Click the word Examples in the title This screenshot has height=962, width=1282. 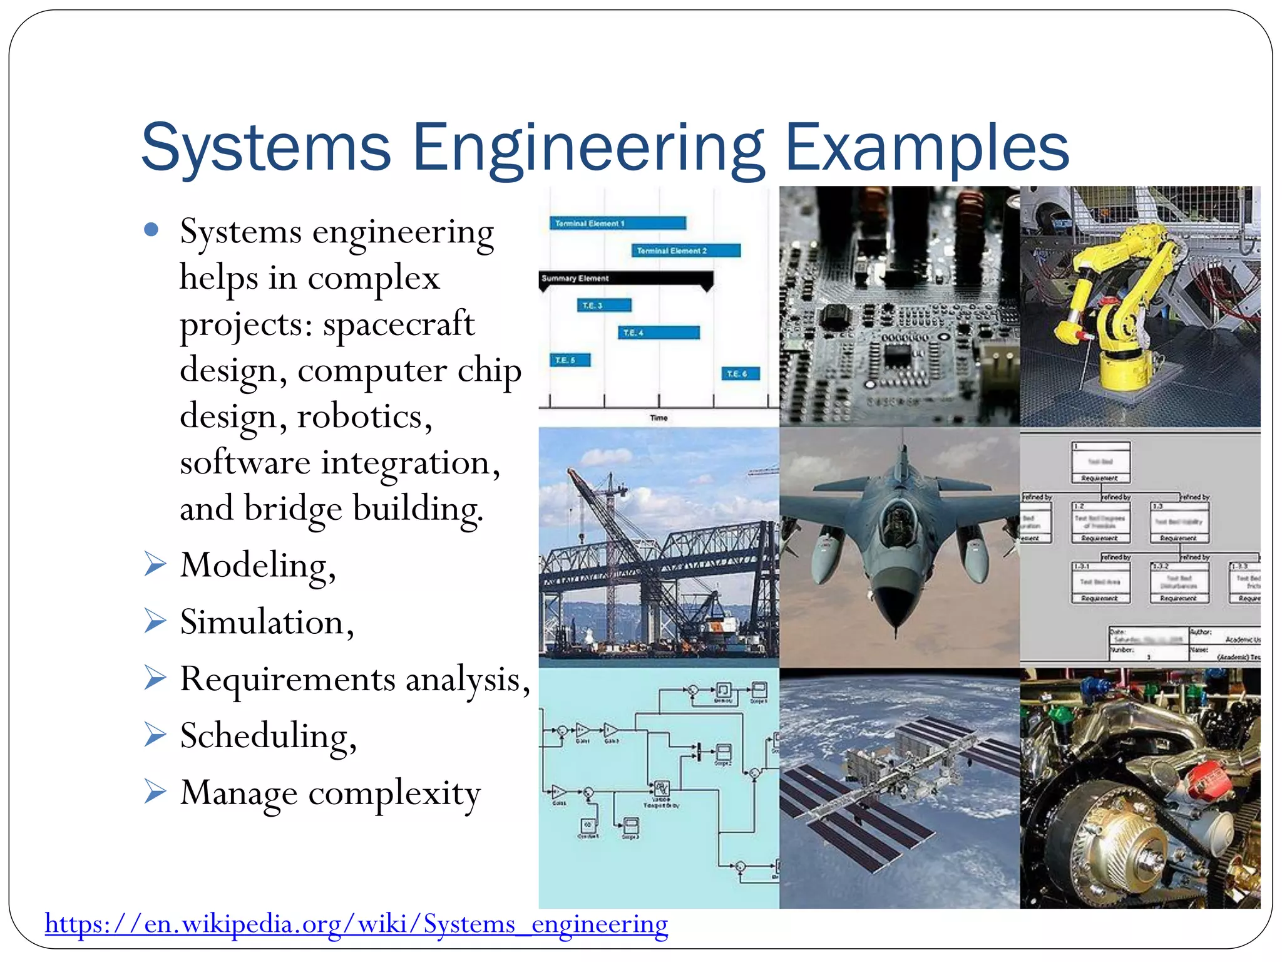pos(926,148)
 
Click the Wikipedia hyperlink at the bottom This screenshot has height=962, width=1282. pos(356,924)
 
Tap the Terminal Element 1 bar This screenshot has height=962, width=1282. pos(618,223)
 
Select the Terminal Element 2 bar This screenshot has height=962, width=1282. pos(685,251)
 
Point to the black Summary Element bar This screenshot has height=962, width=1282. pos(626,279)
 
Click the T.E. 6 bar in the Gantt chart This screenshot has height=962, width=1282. pos(741,374)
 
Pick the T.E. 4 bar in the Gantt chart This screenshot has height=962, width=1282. pos(659,333)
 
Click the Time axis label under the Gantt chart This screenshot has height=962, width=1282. pos(659,418)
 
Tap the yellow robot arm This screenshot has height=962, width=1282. pos(1120,294)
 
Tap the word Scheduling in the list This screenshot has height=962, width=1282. pos(267,736)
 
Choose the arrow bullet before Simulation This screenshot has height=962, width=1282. pos(155,621)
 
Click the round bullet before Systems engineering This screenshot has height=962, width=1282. pos(151,230)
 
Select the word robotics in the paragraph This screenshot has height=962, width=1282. pos(363,416)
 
